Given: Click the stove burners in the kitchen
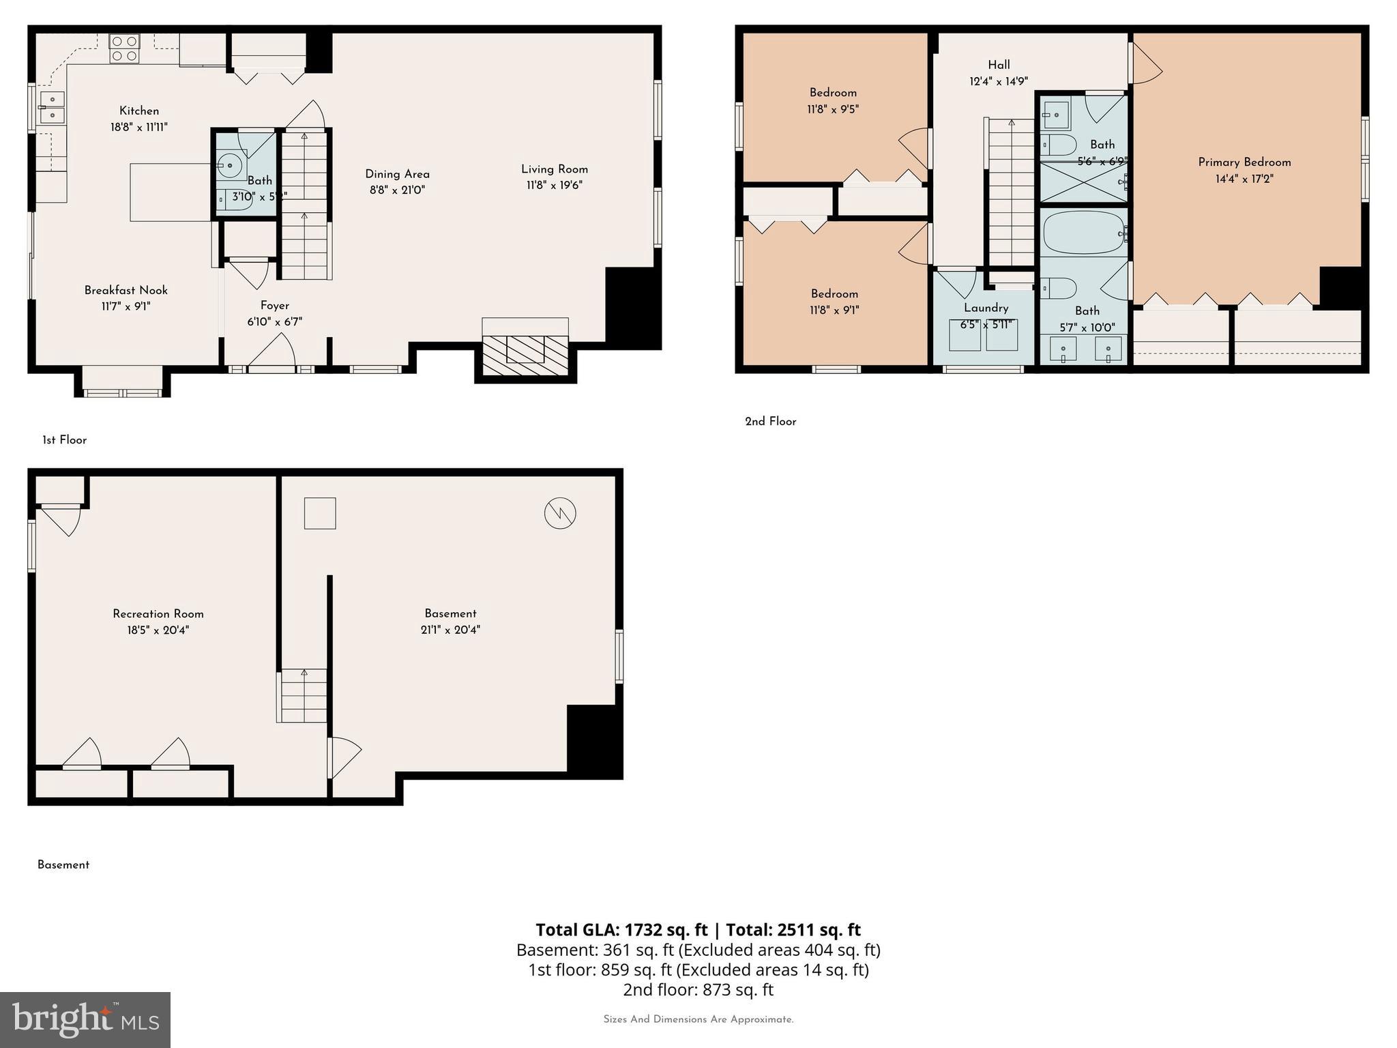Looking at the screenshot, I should (x=124, y=48).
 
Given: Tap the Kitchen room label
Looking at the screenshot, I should (x=139, y=111).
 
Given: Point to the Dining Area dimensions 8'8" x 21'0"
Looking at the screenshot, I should (x=397, y=190).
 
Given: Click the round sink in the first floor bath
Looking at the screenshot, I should (x=230, y=165).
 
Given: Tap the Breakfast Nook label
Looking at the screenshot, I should (x=126, y=291).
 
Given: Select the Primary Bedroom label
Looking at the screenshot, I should (x=1244, y=162).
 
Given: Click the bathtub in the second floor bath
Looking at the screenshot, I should (x=1083, y=233).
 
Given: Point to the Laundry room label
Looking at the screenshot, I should (x=986, y=308).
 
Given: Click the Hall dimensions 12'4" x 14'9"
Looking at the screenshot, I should (x=999, y=82).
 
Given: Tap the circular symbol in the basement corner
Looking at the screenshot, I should (x=560, y=513).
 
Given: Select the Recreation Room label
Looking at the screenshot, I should (x=158, y=614).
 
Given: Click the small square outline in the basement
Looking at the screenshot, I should (x=320, y=513).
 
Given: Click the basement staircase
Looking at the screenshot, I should (x=302, y=695).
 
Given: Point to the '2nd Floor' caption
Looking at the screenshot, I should (x=770, y=422).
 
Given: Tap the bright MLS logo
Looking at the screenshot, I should (x=85, y=1019).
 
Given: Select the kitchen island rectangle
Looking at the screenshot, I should (x=171, y=192).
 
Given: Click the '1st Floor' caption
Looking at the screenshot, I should (x=64, y=440).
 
